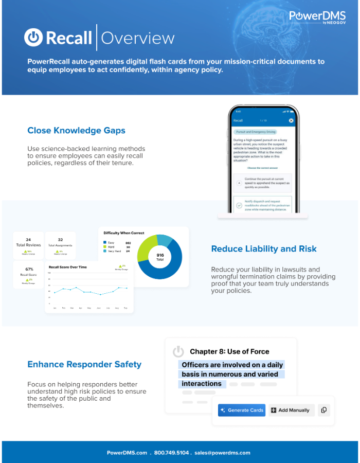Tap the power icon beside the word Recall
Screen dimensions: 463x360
pos(33,38)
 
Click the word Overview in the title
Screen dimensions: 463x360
pos(138,38)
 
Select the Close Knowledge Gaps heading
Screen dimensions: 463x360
pos(76,131)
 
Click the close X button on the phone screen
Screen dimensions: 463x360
pos(291,120)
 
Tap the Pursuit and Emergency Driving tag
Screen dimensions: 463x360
pos(255,132)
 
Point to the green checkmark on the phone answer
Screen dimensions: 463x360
pos(239,205)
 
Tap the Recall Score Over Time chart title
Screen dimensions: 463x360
pos(68,267)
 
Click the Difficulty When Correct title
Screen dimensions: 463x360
pos(123,233)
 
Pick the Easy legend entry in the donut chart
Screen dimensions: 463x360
pos(111,243)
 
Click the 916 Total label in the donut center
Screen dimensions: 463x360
pos(160,257)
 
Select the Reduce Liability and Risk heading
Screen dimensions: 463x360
pos(264,249)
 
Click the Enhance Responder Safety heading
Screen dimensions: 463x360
pos(84,364)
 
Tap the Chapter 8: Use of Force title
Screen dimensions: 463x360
pos(229,352)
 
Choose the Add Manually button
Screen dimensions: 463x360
pos(291,410)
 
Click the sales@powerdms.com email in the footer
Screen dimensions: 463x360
pos(222,453)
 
